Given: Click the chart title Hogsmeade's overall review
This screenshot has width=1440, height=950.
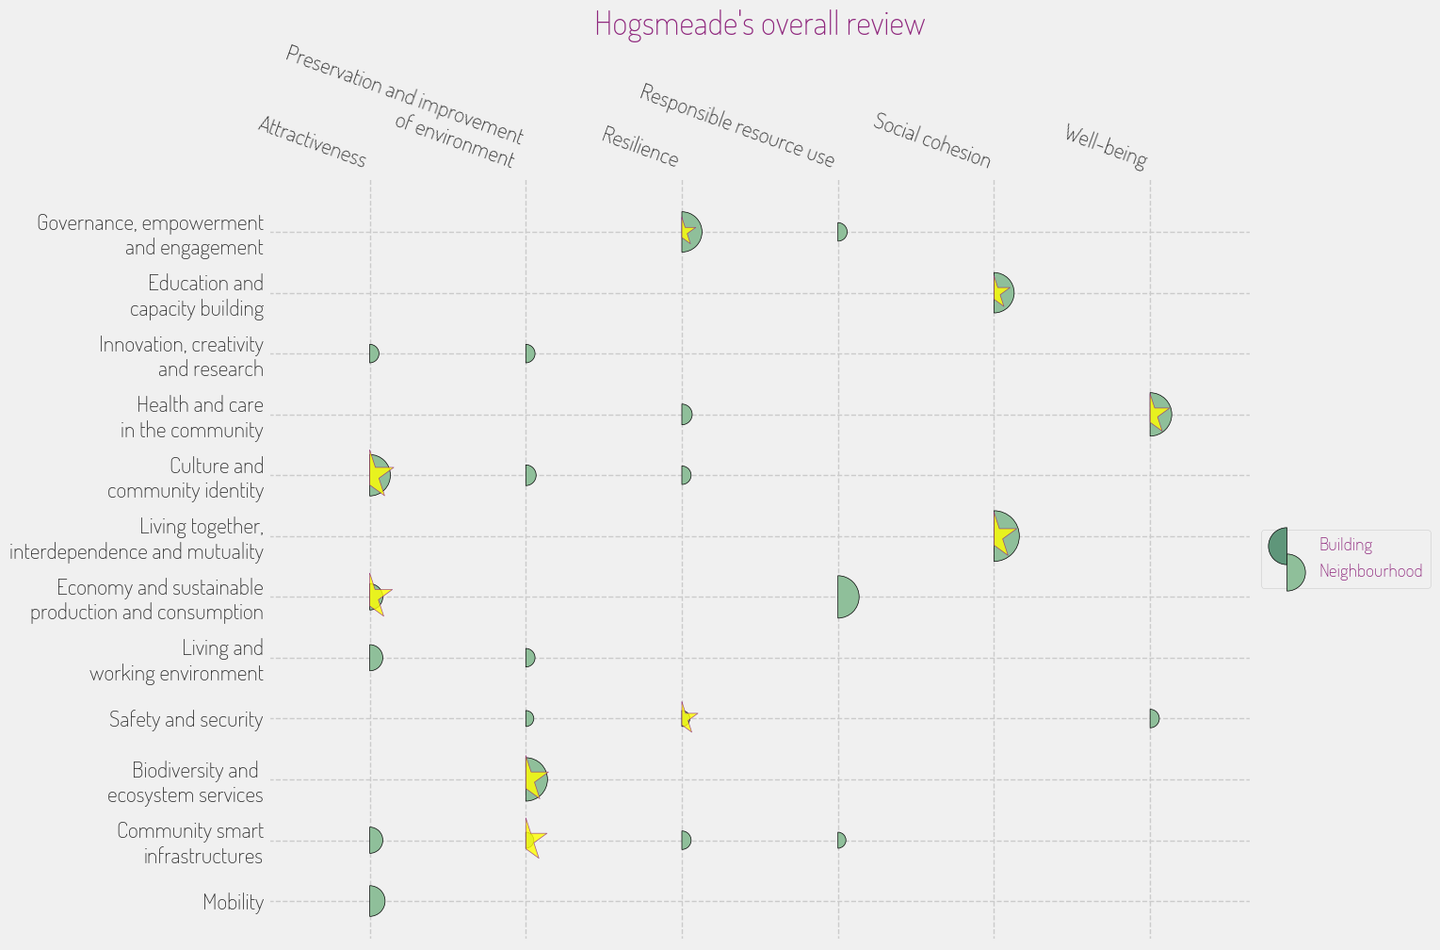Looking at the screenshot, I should (x=759, y=24).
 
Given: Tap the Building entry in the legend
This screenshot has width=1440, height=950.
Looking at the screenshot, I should (x=1345, y=545).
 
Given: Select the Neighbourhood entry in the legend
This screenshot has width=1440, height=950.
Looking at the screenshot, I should (x=1369, y=571).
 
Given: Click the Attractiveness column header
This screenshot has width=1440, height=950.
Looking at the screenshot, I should (x=312, y=141).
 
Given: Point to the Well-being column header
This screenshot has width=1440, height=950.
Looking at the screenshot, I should (x=1106, y=146).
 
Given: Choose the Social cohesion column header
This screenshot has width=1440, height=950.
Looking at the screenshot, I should (x=931, y=139).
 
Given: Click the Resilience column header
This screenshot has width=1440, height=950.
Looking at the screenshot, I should (x=639, y=146).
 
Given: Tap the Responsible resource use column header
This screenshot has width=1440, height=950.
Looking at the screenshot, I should (x=736, y=124).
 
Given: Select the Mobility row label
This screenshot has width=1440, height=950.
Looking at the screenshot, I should (x=233, y=902).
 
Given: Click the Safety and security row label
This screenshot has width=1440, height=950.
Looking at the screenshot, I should (x=186, y=719).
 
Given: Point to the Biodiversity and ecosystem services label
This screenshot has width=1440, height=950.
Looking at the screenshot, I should (x=186, y=782).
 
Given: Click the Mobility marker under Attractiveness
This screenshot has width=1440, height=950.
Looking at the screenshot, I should (x=377, y=901).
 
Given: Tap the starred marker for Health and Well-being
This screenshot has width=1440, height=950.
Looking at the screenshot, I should (x=1158, y=415).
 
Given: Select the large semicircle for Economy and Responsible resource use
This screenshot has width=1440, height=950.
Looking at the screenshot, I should (x=848, y=597).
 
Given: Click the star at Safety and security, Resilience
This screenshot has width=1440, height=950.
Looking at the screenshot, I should (x=688, y=718).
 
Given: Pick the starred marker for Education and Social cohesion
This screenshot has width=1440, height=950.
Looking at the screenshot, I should (x=1002, y=293).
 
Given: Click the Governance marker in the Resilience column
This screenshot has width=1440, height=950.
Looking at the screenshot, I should (x=690, y=232).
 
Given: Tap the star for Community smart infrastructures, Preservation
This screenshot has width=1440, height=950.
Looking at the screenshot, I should (x=533, y=839).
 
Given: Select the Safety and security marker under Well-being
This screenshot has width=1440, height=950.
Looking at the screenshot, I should (x=1154, y=718).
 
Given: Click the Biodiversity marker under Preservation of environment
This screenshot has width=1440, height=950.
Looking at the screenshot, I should (x=535, y=779).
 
